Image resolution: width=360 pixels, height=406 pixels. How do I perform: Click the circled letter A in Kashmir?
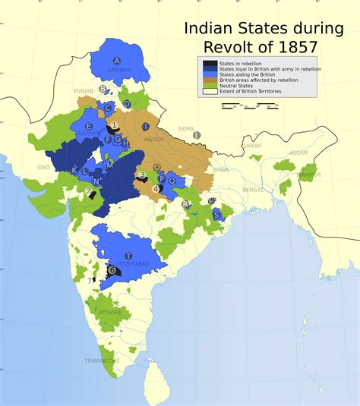[x=117, y=61]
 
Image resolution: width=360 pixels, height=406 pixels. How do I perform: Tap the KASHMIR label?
[x=119, y=70]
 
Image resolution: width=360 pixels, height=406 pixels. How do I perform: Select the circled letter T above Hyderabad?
[x=128, y=256]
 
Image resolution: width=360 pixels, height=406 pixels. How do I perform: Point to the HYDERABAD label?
[x=131, y=264]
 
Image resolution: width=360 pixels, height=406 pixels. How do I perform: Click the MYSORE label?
[x=109, y=312]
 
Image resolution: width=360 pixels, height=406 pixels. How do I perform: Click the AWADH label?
[x=153, y=139]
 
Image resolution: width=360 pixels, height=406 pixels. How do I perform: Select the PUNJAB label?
[x=83, y=90]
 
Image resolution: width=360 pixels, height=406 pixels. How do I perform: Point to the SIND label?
[x=43, y=166]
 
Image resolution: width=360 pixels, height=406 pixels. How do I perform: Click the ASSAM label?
[x=298, y=153]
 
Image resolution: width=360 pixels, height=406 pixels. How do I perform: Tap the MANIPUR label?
[x=309, y=175]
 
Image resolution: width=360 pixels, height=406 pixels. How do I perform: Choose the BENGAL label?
[x=252, y=189]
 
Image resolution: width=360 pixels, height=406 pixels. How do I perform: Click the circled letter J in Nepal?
[x=197, y=135]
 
